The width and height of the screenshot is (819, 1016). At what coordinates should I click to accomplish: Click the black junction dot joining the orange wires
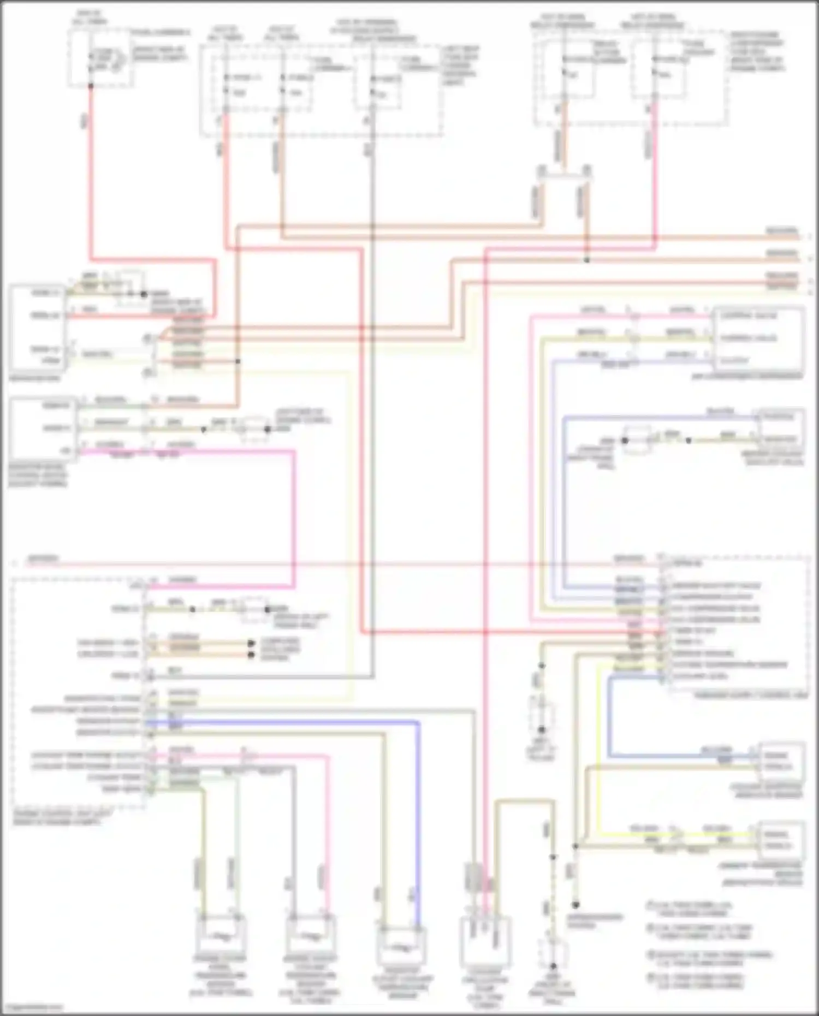pyautogui.click(x=586, y=260)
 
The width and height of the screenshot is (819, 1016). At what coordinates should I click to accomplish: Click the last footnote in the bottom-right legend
pyautogui.click(x=696, y=981)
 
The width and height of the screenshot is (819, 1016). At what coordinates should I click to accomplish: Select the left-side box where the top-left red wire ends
pyautogui.click(x=37, y=326)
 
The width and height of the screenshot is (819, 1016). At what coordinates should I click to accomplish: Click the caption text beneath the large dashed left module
pyautogui.click(x=57, y=817)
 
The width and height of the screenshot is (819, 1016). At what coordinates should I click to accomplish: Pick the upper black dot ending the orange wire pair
pyautogui.click(x=251, y=643)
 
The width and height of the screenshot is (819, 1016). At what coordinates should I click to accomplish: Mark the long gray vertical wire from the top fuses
pyautogui.click(x=371, y=382)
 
